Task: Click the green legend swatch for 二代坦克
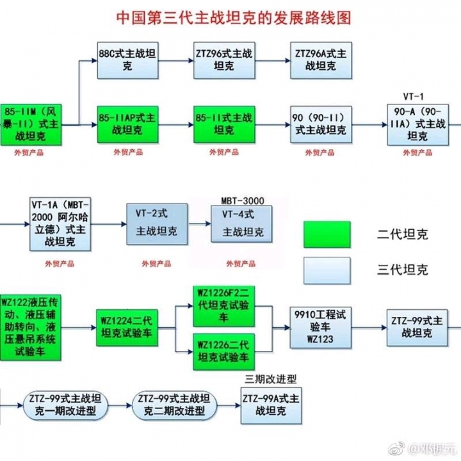coord(327,236)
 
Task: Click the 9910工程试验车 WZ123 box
coord(320,327)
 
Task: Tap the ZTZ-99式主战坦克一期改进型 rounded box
coord(65,405)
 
